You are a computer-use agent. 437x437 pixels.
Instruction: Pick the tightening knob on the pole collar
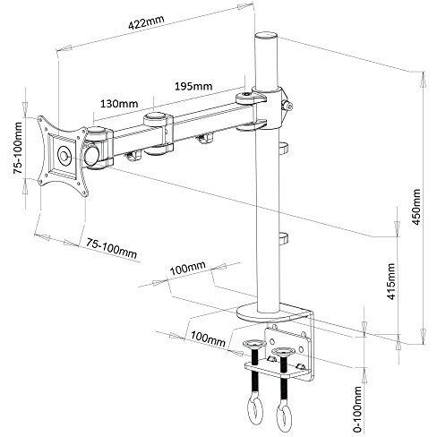[287, 107]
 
